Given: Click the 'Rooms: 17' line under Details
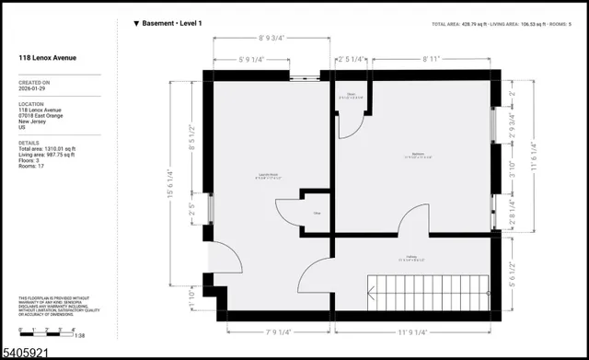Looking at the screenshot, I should pyautogui.click(x=34, y=169).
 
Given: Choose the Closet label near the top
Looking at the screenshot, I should pyautogui.click(x=350, y=95).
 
